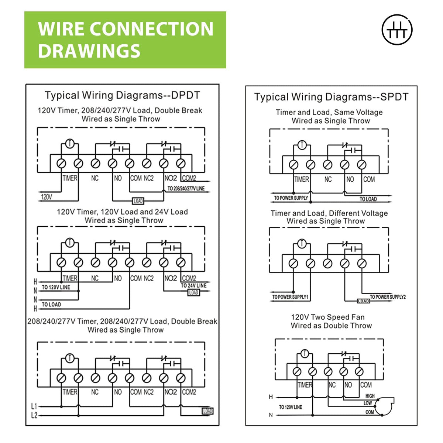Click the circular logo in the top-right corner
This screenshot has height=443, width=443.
pyautogui.click(x=397, y=30)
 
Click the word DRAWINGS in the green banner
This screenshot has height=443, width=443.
pyautogui.click(x=89, y=51)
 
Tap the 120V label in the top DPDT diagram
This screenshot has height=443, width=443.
pyautogui.click(x=47, y=197)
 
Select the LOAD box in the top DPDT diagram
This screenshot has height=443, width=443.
pyautogui.click(x=138, y=201)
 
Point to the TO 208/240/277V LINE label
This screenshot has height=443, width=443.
pyautogui.click(x=186, y=189)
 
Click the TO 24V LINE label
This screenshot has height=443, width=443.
pyautogui.click(x=193, y=285)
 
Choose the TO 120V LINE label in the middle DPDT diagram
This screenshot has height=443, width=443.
pyautogui.click(x=56, y=287)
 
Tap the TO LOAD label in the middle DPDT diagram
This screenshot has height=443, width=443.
pyautogui.click(x=51, y=305)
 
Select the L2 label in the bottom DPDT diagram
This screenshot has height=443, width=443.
pyautogui.click(x=34, y=416)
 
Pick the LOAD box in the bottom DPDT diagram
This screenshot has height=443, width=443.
pyautogui.click(x=207, y=411)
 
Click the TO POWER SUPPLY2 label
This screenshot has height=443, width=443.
pyautogui.click(x=388, y=297)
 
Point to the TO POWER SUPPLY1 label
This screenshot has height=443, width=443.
pyautogui.click(x=290, y=297)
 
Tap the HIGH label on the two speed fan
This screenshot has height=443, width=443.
pyautogui.click(x=370, y=396)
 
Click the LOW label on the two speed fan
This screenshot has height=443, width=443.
pyautogui.click(x=368, y=403)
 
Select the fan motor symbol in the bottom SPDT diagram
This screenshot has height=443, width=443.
pyautogui.click(x=385, y=404)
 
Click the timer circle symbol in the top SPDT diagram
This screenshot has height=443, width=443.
pyautogui.click(x=302, y=145)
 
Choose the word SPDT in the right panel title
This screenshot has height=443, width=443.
pyautogui.click(x=394, y=97)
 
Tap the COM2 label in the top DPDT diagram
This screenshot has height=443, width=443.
pyautogui.click(x=189, y=178)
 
